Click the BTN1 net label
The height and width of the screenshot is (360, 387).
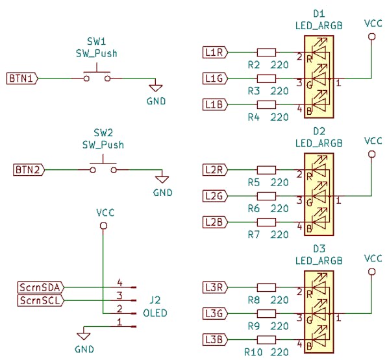(x=22, y=78)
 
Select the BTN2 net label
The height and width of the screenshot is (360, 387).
(x=29, y=170)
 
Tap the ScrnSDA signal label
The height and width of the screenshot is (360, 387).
(x=41, y=287)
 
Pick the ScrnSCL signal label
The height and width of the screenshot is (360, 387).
(x=41, y=300)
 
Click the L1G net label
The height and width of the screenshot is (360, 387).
(x=215, y=78)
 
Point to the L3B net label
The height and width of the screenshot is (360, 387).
(x=215, y=339)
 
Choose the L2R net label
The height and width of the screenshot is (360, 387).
(x=215, y=170)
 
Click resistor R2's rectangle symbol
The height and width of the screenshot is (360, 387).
(x=266, y=53)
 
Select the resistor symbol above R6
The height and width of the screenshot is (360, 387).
(x=266, y=196)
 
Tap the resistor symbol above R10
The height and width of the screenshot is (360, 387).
(x=266, y=339)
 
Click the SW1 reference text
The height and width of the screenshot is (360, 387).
(x=97, y=42)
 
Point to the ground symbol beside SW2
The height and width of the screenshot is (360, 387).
(x=162, y=179)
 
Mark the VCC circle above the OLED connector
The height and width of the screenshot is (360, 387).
(x=104, y=226)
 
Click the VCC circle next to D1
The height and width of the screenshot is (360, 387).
(x=371, y=37)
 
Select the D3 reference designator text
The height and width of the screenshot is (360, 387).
(x=319, y=249)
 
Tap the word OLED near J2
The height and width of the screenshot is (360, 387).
(x=155, y=313)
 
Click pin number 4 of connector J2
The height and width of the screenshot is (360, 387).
(x=120, y=283)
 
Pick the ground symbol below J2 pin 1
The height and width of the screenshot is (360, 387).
(x=84, y=336)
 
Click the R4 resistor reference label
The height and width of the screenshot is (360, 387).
(x=254, y=117)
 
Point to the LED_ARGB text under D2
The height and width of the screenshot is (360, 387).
(x=319, y=143)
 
